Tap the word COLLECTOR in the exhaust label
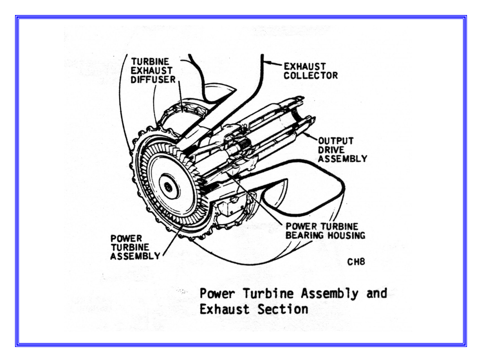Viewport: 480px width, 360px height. [310, 75]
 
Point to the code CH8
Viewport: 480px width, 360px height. [356, 261]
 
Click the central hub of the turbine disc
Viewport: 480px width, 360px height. [169, 188]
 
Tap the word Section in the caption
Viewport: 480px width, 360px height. [282, 309]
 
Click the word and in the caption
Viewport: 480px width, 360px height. [376, 293]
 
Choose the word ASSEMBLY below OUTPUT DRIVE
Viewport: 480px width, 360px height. [342, 159]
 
